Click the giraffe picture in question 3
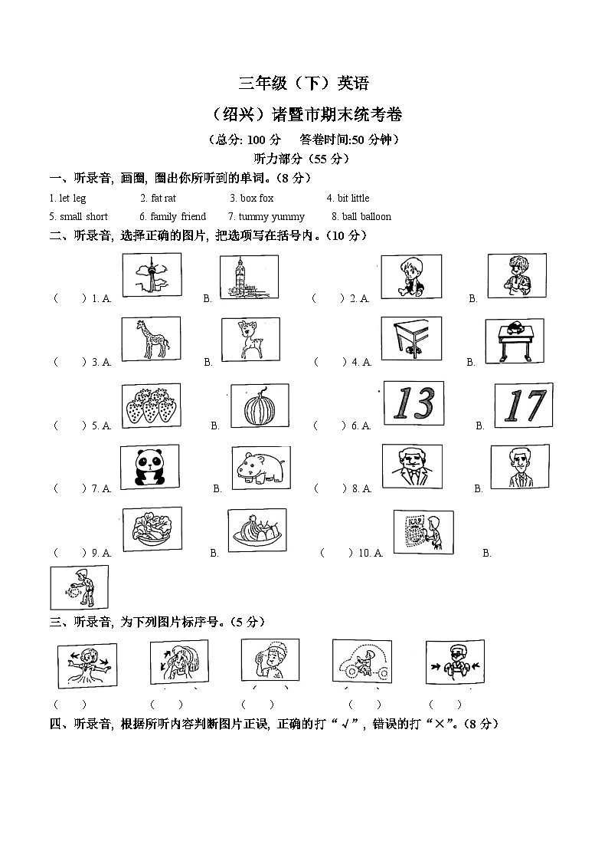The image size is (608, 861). [151, 339]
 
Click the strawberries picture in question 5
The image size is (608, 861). [152, 404]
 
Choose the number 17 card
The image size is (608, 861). [523, 405]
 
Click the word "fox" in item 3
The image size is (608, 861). [266, 199]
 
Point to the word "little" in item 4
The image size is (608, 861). [359, 199]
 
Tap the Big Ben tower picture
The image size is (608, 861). [249, 277]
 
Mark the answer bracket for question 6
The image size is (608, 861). [329, 426]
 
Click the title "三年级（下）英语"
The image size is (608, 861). [304, 84]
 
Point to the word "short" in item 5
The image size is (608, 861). [96, 217]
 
